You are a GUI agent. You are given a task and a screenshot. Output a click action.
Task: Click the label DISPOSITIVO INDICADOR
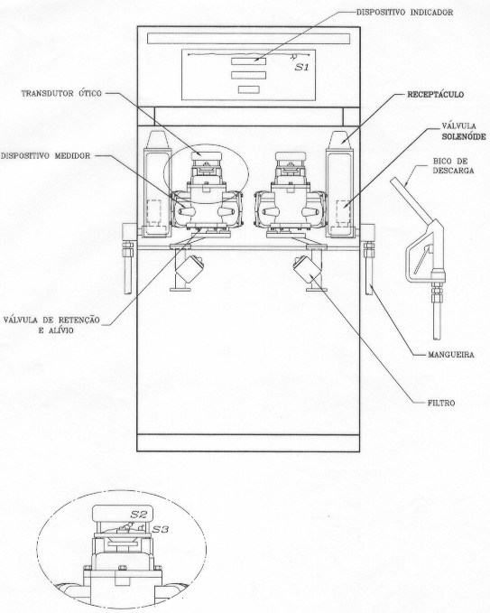point(404,13)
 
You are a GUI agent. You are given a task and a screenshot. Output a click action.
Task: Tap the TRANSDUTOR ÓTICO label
point(61,94)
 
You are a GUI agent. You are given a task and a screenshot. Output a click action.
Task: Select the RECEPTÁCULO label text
point(436,95)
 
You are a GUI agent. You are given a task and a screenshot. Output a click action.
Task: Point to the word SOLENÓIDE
point(464,137)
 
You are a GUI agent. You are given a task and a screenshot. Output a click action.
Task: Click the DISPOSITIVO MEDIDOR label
point(45,156)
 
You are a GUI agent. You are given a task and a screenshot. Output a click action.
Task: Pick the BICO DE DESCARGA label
point(453,166)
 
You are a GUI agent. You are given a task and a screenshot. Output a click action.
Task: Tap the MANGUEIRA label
point(451,355)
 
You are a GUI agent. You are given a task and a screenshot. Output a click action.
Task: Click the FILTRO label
point(441,403)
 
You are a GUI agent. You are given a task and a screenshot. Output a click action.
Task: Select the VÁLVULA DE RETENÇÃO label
point(51,320)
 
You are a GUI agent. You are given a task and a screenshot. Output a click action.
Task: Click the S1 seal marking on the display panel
point(301,67)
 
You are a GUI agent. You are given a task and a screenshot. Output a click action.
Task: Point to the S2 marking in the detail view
point(138,515)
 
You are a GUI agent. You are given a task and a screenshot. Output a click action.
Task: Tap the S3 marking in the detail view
point(161,529)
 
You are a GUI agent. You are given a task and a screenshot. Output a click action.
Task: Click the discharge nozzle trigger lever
point(421,260)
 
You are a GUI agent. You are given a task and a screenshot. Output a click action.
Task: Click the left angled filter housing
point(190,270)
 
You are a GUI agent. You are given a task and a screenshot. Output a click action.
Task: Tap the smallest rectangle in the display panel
point(248,89)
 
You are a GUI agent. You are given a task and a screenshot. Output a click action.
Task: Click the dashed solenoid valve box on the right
point(343,212)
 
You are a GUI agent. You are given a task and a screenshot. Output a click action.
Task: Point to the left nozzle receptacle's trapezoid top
point(158,139)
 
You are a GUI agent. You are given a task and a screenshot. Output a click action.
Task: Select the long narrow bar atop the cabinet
point(249,39)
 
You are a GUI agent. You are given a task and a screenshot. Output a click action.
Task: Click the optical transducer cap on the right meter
point(290,156)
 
